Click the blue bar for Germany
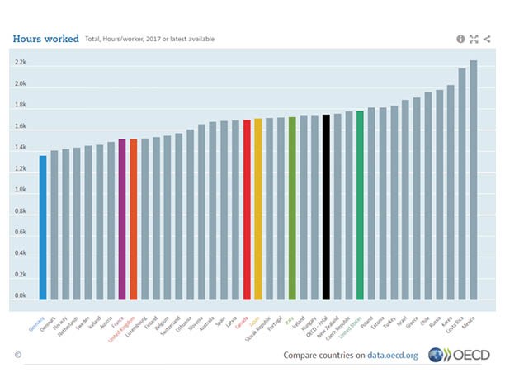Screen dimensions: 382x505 click(x=43, y=228)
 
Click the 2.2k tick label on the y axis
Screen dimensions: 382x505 click(x=21, y=63)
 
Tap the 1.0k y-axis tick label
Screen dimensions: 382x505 click(x=21, y=190)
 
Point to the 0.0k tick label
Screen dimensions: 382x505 click(x=21, y=295)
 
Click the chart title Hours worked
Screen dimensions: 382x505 click(x=45, y=38)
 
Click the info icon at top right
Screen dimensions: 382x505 click(x=460, y=39)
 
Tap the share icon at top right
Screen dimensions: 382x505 click(x=487, y=39)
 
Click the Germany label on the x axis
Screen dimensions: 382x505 click(x=37, y=324)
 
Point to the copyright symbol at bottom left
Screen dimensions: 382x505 click(x=17, y=355)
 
